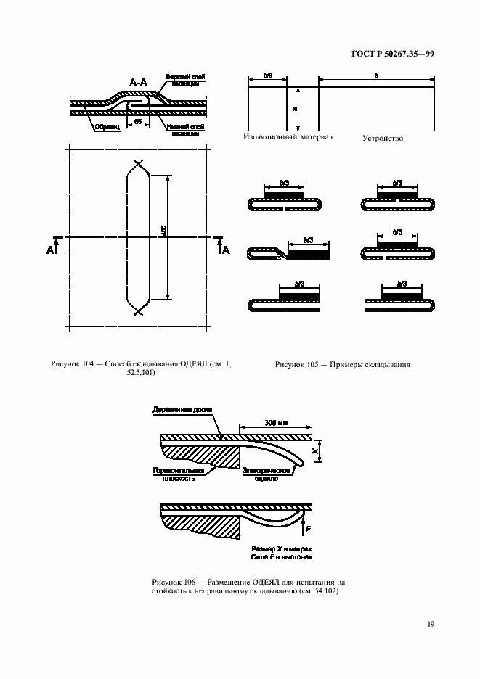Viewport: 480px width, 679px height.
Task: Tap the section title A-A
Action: (139, 84)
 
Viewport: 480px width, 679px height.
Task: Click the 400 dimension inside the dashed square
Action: (164, 231)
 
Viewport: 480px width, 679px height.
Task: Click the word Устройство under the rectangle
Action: (383, 138)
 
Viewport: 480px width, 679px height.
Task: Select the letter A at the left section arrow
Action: (50, 250)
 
